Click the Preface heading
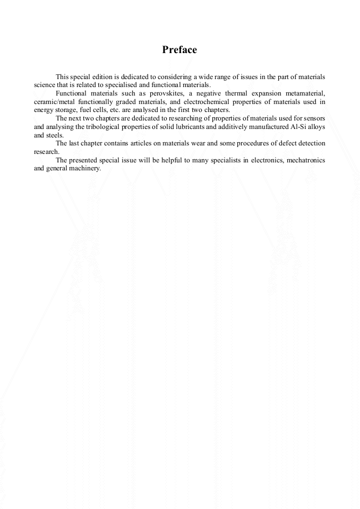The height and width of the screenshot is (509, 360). [x=179, y=50]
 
